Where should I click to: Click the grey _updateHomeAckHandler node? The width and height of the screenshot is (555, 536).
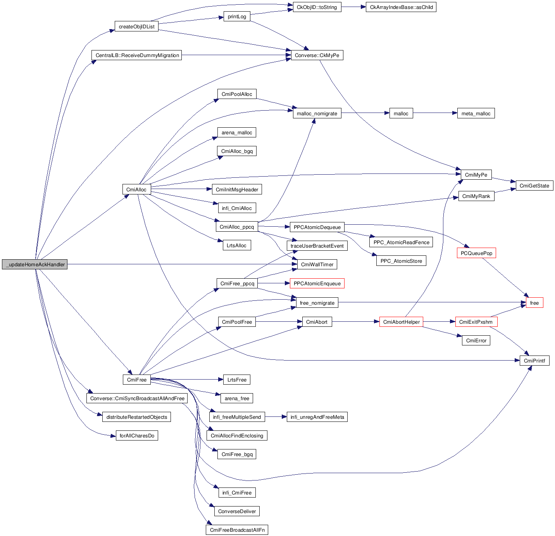[34, 265]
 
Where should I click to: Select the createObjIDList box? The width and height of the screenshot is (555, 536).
[136, 27]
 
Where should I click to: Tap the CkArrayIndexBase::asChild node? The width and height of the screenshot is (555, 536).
[401, 7]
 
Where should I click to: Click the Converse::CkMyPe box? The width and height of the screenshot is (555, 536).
[317, 56]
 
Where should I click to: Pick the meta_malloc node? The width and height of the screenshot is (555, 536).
[476, 114]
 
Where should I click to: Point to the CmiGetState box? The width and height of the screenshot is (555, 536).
[534, 186]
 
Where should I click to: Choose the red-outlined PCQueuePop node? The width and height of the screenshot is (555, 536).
[476, 253]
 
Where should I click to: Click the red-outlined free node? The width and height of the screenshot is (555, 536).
[534, 303]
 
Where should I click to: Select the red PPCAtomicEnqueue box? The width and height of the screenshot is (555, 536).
[317, 284]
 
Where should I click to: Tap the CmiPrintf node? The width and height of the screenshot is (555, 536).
[534, 361]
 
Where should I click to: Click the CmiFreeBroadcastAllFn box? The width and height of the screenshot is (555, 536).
[237, 530]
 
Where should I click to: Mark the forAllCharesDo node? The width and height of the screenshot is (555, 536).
[137, 436]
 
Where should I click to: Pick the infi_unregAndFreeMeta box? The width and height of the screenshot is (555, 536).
[317, 417]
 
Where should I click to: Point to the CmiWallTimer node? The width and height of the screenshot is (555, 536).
[317, 265]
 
